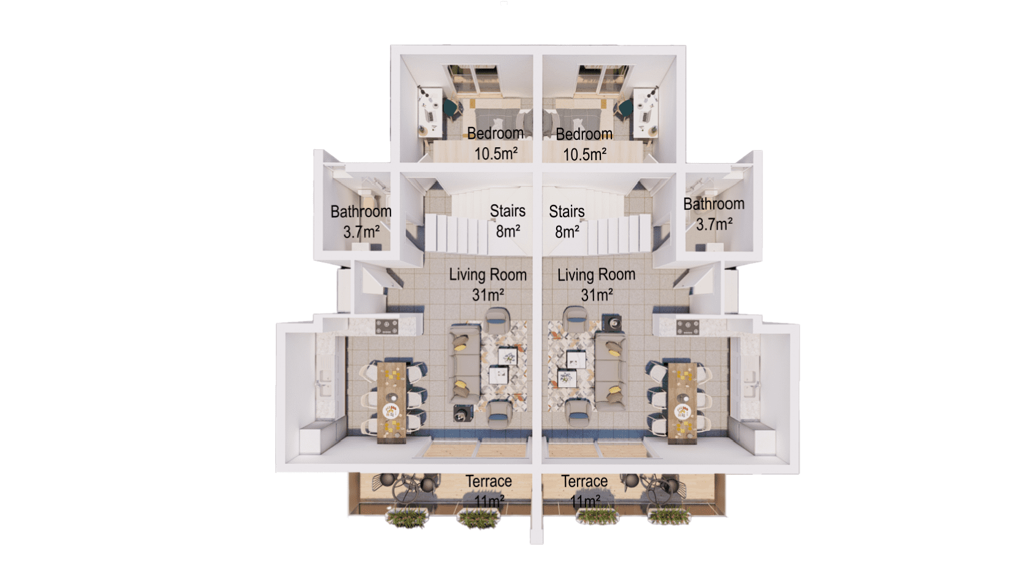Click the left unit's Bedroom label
tap(495, 133)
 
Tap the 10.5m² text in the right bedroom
tap(585, 155)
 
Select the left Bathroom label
tap(361, 212)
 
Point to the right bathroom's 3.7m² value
tap(714, 225)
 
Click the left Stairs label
tap(508, 211)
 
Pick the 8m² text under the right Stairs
tap(567, 232)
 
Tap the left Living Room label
tap(488, 275)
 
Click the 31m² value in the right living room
tap(597, 295)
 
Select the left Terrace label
tap(489, 481)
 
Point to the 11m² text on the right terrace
tap(585, 501)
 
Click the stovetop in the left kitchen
tap(387, 327)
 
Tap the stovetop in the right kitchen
tap(688, 328)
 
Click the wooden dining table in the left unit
tap(392, 402)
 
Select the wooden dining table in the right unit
tap(683, 403)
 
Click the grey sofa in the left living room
tap(465, 364)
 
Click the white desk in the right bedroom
tap(645, 113)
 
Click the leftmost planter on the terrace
tap(408, 518)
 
